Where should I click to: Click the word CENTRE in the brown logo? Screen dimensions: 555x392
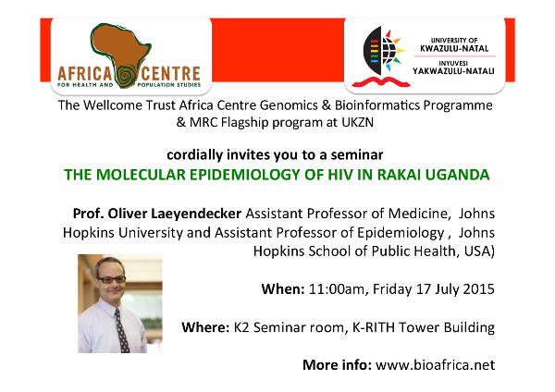pyautogui.click(x=171, y=74)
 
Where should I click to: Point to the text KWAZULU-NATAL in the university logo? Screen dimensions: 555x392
pyautogui.click(x=454, y=48)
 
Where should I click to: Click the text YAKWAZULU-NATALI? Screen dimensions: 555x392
pyautogui.click(x=453, y=71)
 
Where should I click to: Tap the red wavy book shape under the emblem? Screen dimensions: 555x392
pyautogui.click(x=381, y=82)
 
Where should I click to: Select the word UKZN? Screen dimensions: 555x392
pyautogui.click(x=357, y=122)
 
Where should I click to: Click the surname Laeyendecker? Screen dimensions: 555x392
pyautogui.click(x=196, y=214)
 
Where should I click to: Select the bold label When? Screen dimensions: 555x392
pyautogui.click(x=283, y=289)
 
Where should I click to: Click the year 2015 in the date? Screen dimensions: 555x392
pyautogui.click(x=479, y=289)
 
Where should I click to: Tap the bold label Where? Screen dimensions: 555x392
pyautogui.click(x=205, y=327)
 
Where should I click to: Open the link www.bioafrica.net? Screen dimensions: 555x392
pyautogui.click(x=436, y=365)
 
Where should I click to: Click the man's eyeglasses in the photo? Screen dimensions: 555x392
pyautogui.click(x=112, y=279)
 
